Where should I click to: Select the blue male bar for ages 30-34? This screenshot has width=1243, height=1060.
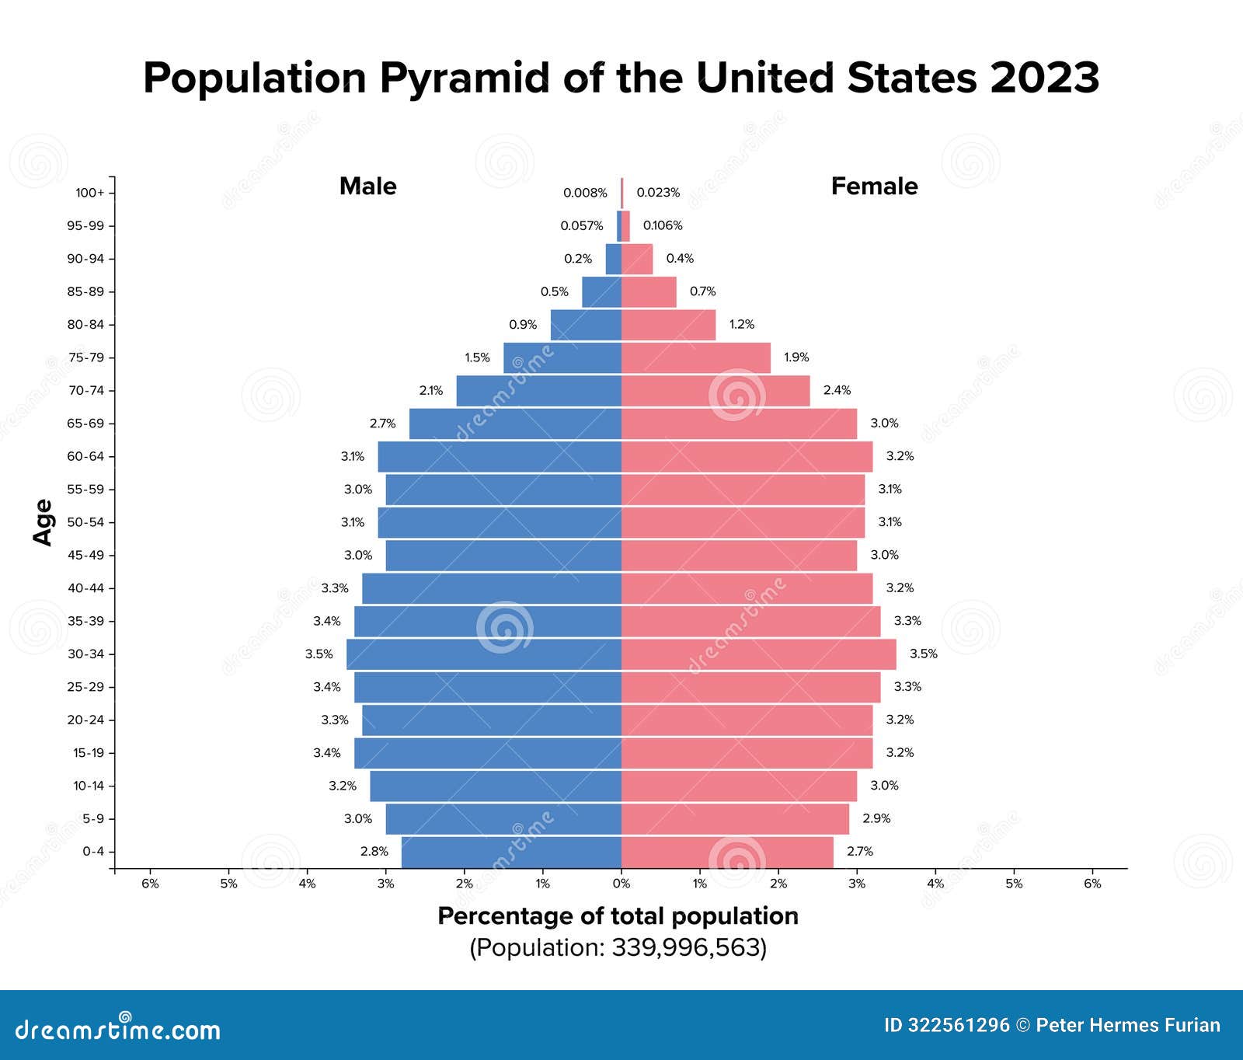point(483,654)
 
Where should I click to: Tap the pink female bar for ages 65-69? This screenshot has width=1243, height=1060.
point(738,424)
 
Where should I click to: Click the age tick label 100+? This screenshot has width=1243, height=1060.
point(89,193)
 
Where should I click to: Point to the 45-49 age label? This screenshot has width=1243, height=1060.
point(85,555)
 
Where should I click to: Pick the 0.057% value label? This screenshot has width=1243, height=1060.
point(581,226)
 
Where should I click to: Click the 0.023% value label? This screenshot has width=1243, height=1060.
point(658,193)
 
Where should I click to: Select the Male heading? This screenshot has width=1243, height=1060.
point(367,187)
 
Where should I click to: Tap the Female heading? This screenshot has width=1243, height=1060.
point(874,187)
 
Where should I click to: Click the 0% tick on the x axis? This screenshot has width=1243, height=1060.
point(621,884)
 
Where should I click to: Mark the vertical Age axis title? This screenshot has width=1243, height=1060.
point(44,522)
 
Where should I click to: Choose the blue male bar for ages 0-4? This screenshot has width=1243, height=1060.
point(511,852)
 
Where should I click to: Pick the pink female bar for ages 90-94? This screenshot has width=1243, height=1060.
point(637,259)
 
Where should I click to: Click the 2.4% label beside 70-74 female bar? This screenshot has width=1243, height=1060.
point(837,390)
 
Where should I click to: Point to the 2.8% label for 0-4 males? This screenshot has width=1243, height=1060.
point(374,852)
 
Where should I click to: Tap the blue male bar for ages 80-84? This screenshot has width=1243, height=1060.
point(586,325)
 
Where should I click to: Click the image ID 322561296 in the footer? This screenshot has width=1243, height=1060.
point(946,1026)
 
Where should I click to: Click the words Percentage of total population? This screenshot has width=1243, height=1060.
point(618,916)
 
